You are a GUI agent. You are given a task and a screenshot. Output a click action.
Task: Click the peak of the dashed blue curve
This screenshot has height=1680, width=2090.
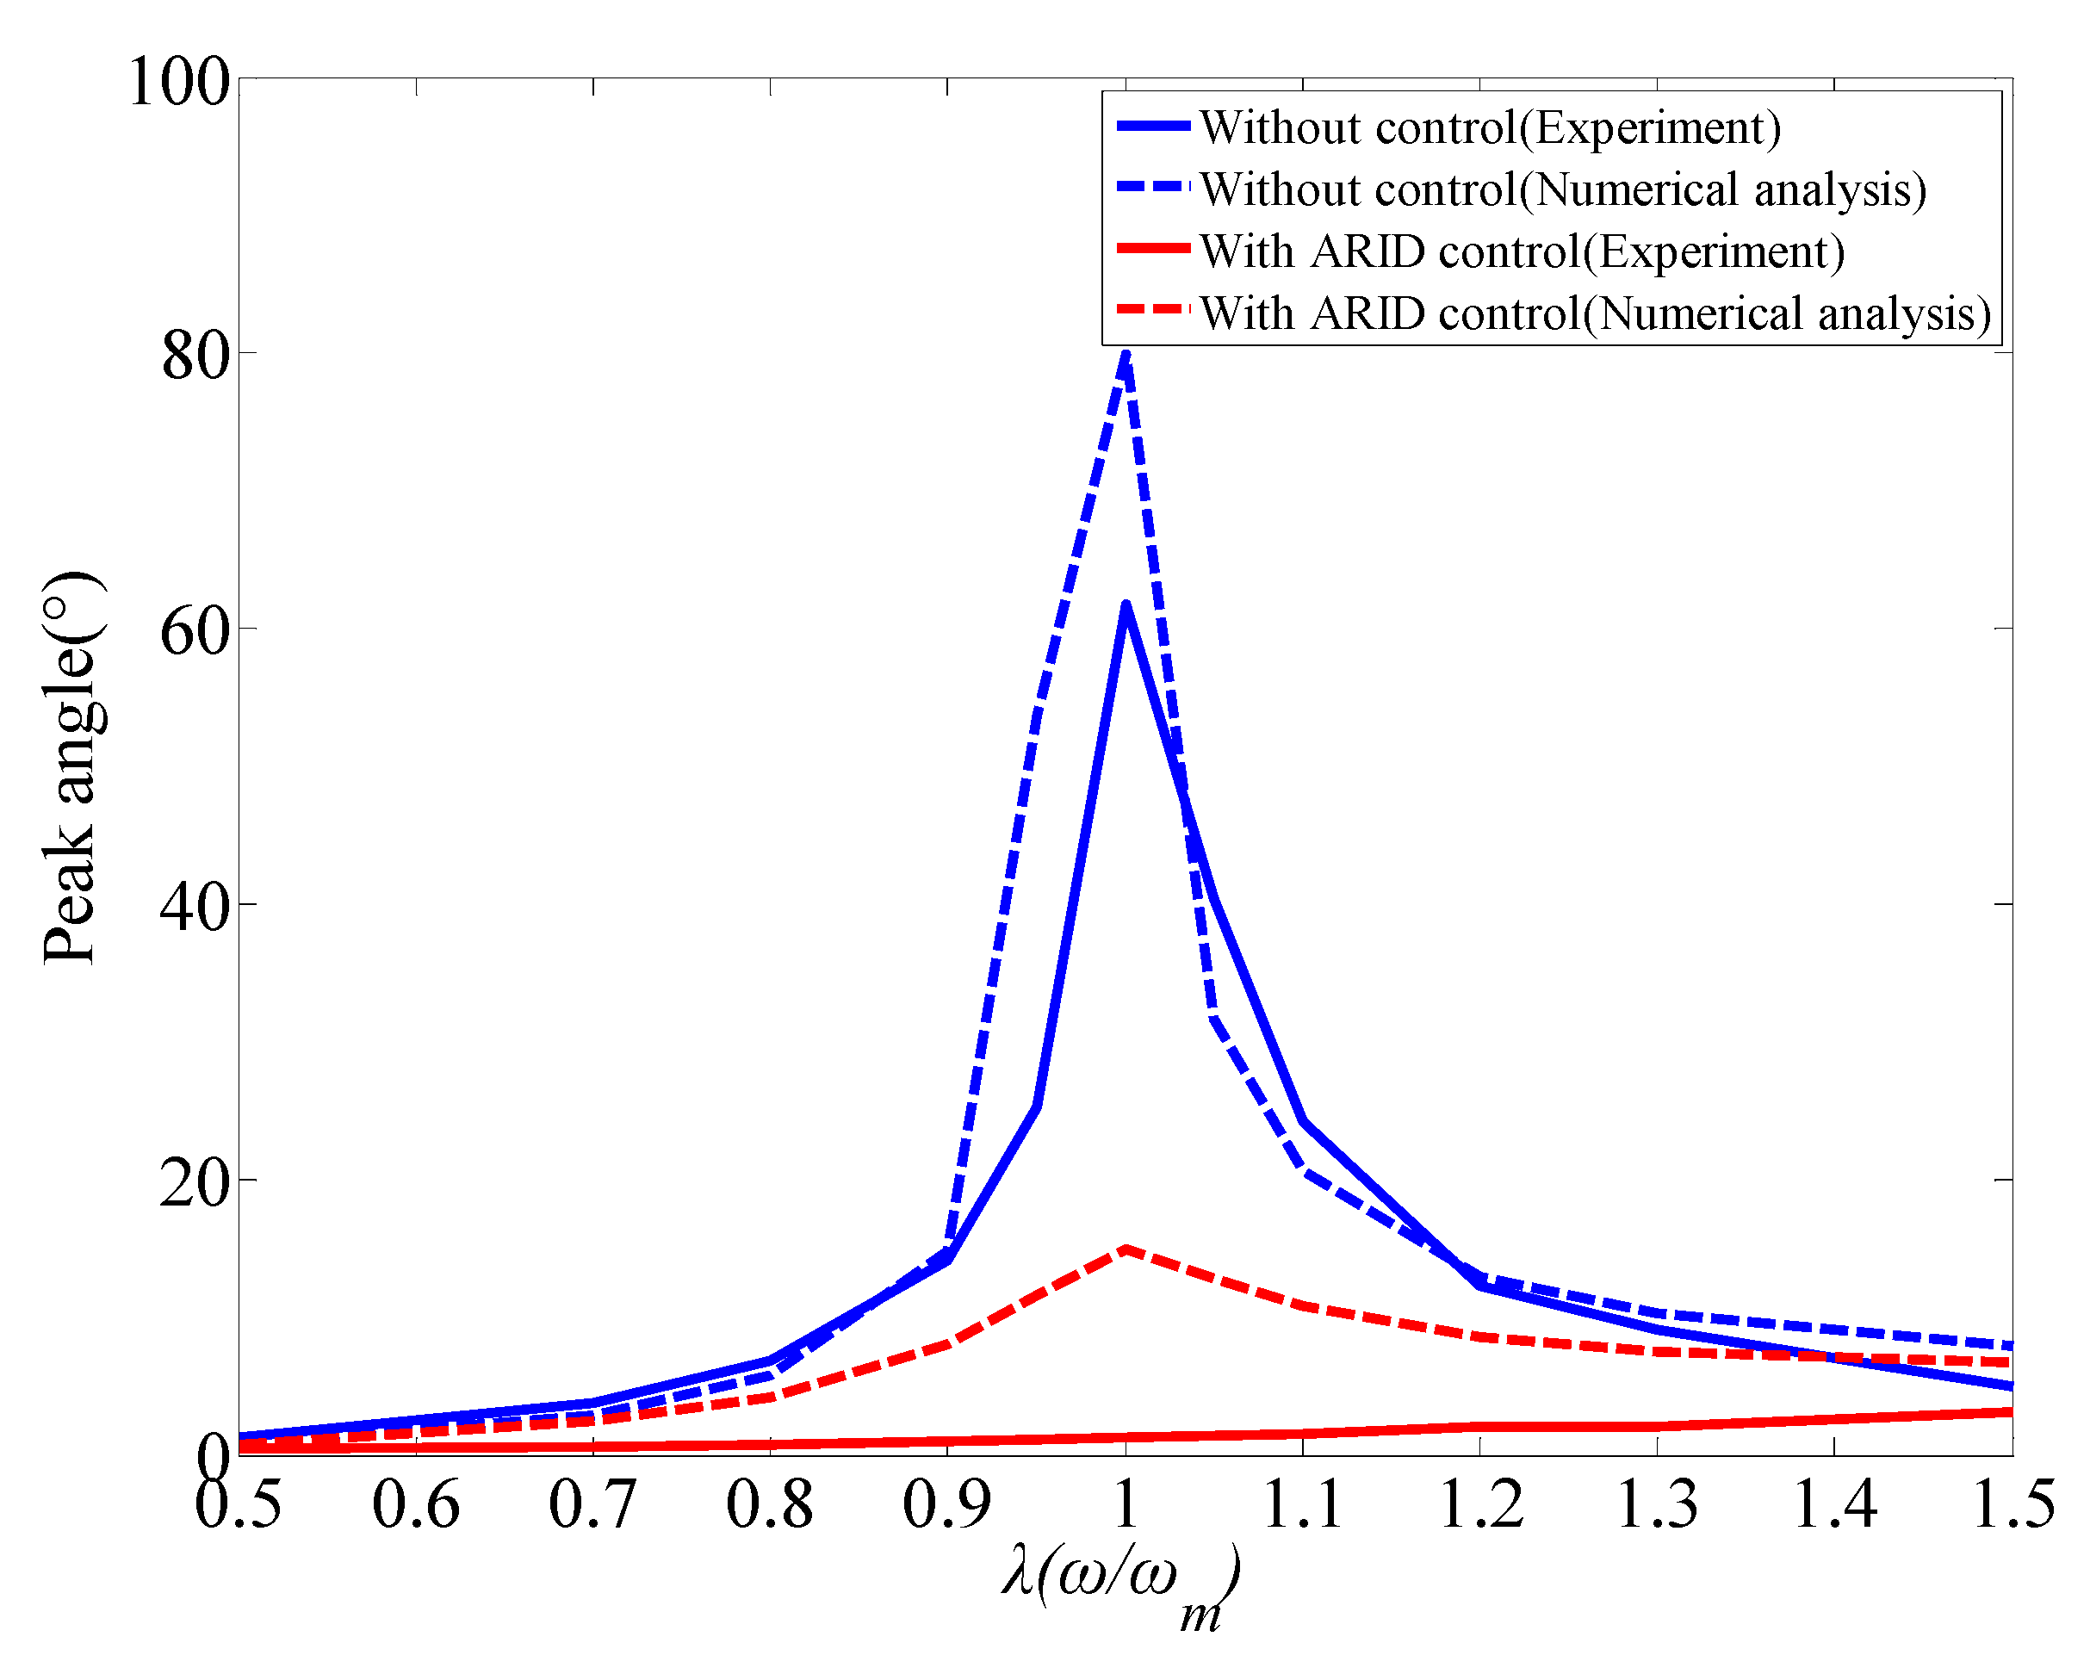(1126, 355)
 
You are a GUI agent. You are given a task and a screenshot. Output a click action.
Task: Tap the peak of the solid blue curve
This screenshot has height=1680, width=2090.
(1126, 606)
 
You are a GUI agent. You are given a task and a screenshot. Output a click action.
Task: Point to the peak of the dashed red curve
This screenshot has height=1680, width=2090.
(1126, 1249)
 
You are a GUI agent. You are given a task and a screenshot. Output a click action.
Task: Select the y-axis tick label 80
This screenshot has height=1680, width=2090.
(195, 356)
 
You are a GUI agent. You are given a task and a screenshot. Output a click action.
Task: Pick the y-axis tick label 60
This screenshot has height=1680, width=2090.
(195, 632)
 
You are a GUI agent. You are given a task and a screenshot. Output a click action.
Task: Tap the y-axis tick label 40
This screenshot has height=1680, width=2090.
(195, 908)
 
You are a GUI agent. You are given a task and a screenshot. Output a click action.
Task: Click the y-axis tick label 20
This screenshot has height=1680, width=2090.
(195, 1182)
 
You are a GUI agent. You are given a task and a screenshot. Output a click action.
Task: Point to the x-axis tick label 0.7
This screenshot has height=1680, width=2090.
(592, 1504)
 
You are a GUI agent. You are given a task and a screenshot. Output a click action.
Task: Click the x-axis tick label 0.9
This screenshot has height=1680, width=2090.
(947, 1504)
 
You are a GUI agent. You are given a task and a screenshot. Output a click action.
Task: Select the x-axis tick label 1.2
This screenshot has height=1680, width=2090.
(1480, 1504)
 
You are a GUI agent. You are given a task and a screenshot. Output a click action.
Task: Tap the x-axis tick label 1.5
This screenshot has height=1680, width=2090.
(2013, 1504)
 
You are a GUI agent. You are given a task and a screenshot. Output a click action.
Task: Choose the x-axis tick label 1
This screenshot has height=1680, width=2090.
(1126, 1504)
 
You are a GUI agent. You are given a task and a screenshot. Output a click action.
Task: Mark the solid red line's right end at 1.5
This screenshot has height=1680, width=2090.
(2012, 1412)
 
